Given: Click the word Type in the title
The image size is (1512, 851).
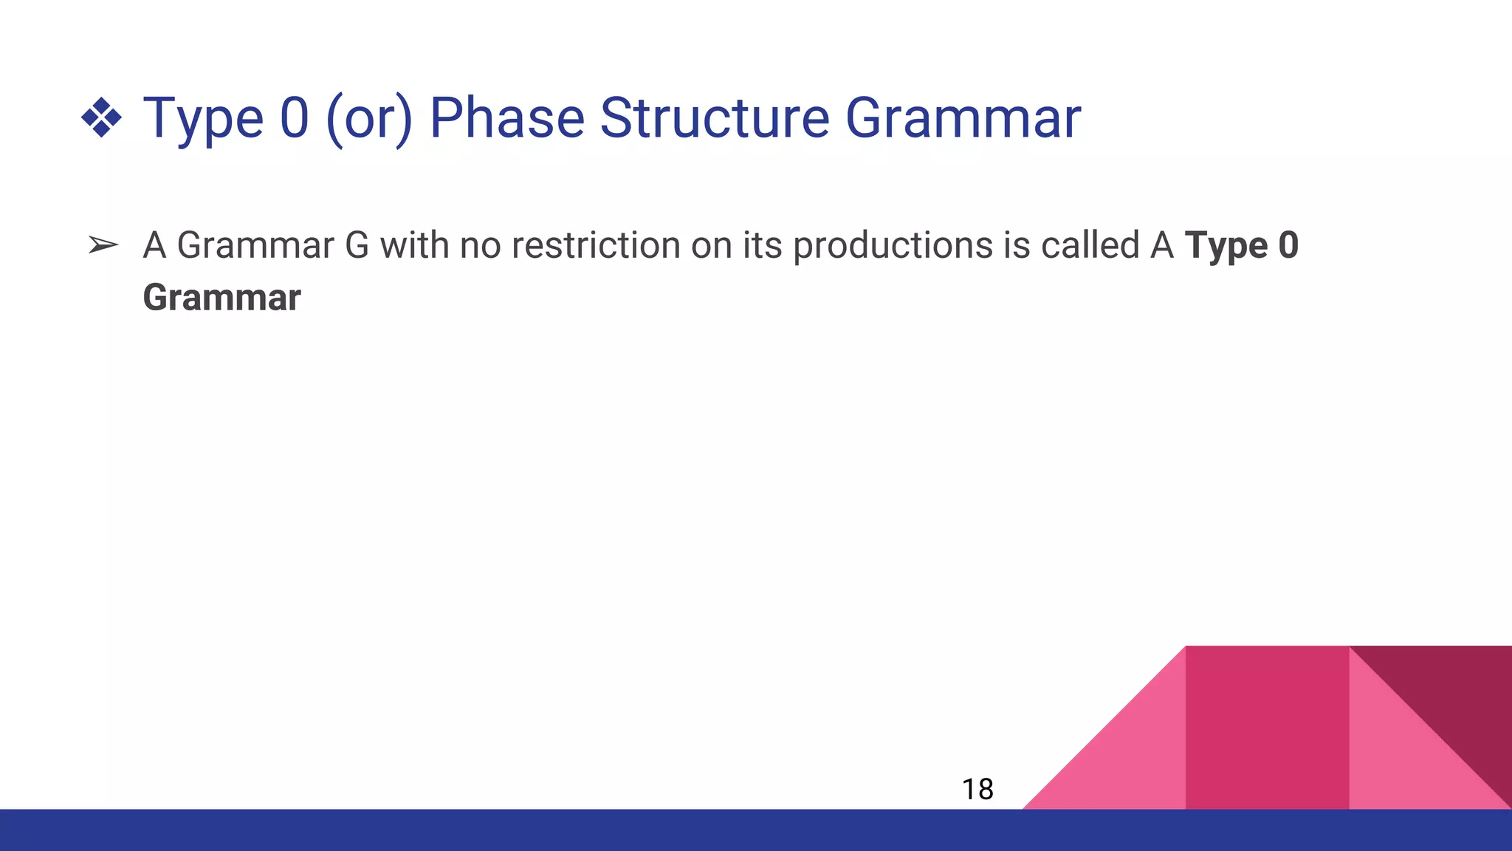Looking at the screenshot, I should [x=202, y=118].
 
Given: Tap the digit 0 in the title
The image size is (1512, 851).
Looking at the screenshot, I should [x=294, y=118].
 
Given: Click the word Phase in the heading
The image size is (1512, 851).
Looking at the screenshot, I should [x=506, y=118].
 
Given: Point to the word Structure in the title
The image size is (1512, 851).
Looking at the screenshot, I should [x=715, y=118].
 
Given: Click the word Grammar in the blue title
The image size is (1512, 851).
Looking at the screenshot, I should [x=963, y=118].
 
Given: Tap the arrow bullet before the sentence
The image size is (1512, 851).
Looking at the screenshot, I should [x=103, y=245].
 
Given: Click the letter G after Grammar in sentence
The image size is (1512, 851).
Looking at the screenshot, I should [x=357, y=245].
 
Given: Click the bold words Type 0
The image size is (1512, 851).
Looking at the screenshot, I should [x=1241, y=245].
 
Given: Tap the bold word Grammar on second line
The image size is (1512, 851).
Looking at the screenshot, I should [x=221, y=298].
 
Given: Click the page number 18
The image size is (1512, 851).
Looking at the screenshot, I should [x=977, y=790].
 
